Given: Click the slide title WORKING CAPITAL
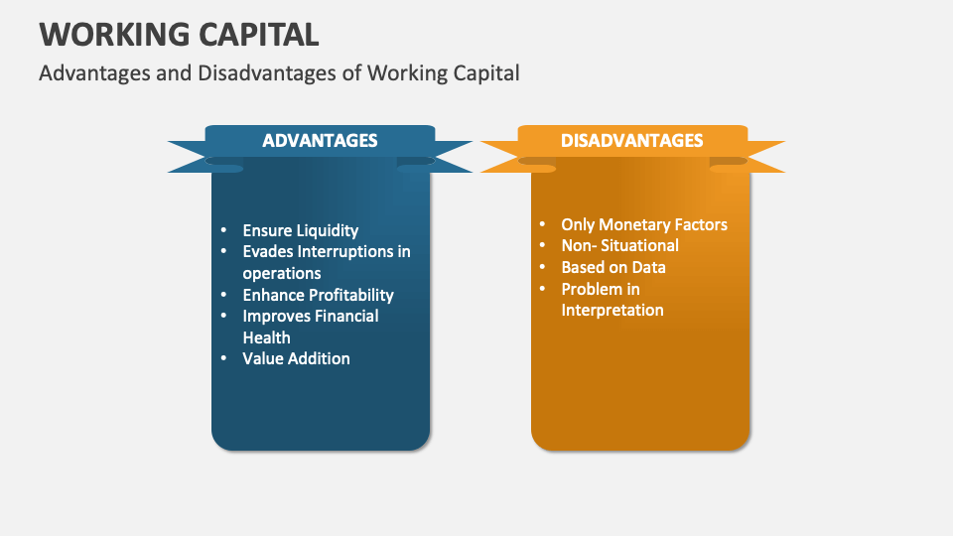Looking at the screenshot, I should tap(179, 34).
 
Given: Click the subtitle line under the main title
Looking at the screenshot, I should tap(279, 73).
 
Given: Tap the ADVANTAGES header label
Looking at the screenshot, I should tap(320, 141).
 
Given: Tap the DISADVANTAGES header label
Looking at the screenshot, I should tap(632, 141).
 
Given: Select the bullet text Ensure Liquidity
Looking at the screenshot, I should tap(300, 230).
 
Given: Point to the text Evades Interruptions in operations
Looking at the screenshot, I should tap(326, 262).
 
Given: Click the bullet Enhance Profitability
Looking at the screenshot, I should tap(318, 295).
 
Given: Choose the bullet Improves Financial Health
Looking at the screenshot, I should tap(310, 327).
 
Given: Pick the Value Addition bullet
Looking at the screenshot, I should tap(296, 358).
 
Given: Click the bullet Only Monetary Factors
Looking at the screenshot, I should tap(643, 224).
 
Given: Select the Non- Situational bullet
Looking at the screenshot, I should tap(619, 245).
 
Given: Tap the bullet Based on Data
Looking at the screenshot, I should tap(613, 267).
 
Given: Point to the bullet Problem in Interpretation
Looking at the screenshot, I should tap(612, 300).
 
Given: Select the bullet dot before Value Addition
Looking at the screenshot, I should tap(223, 358).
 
